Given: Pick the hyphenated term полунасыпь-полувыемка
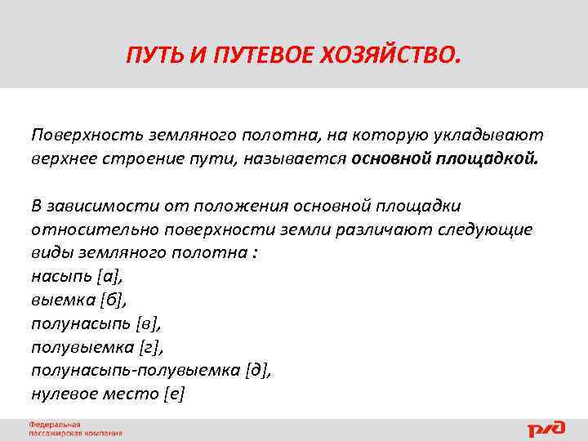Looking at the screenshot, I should point(135,370).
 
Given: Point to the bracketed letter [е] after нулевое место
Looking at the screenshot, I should point(174,394).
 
